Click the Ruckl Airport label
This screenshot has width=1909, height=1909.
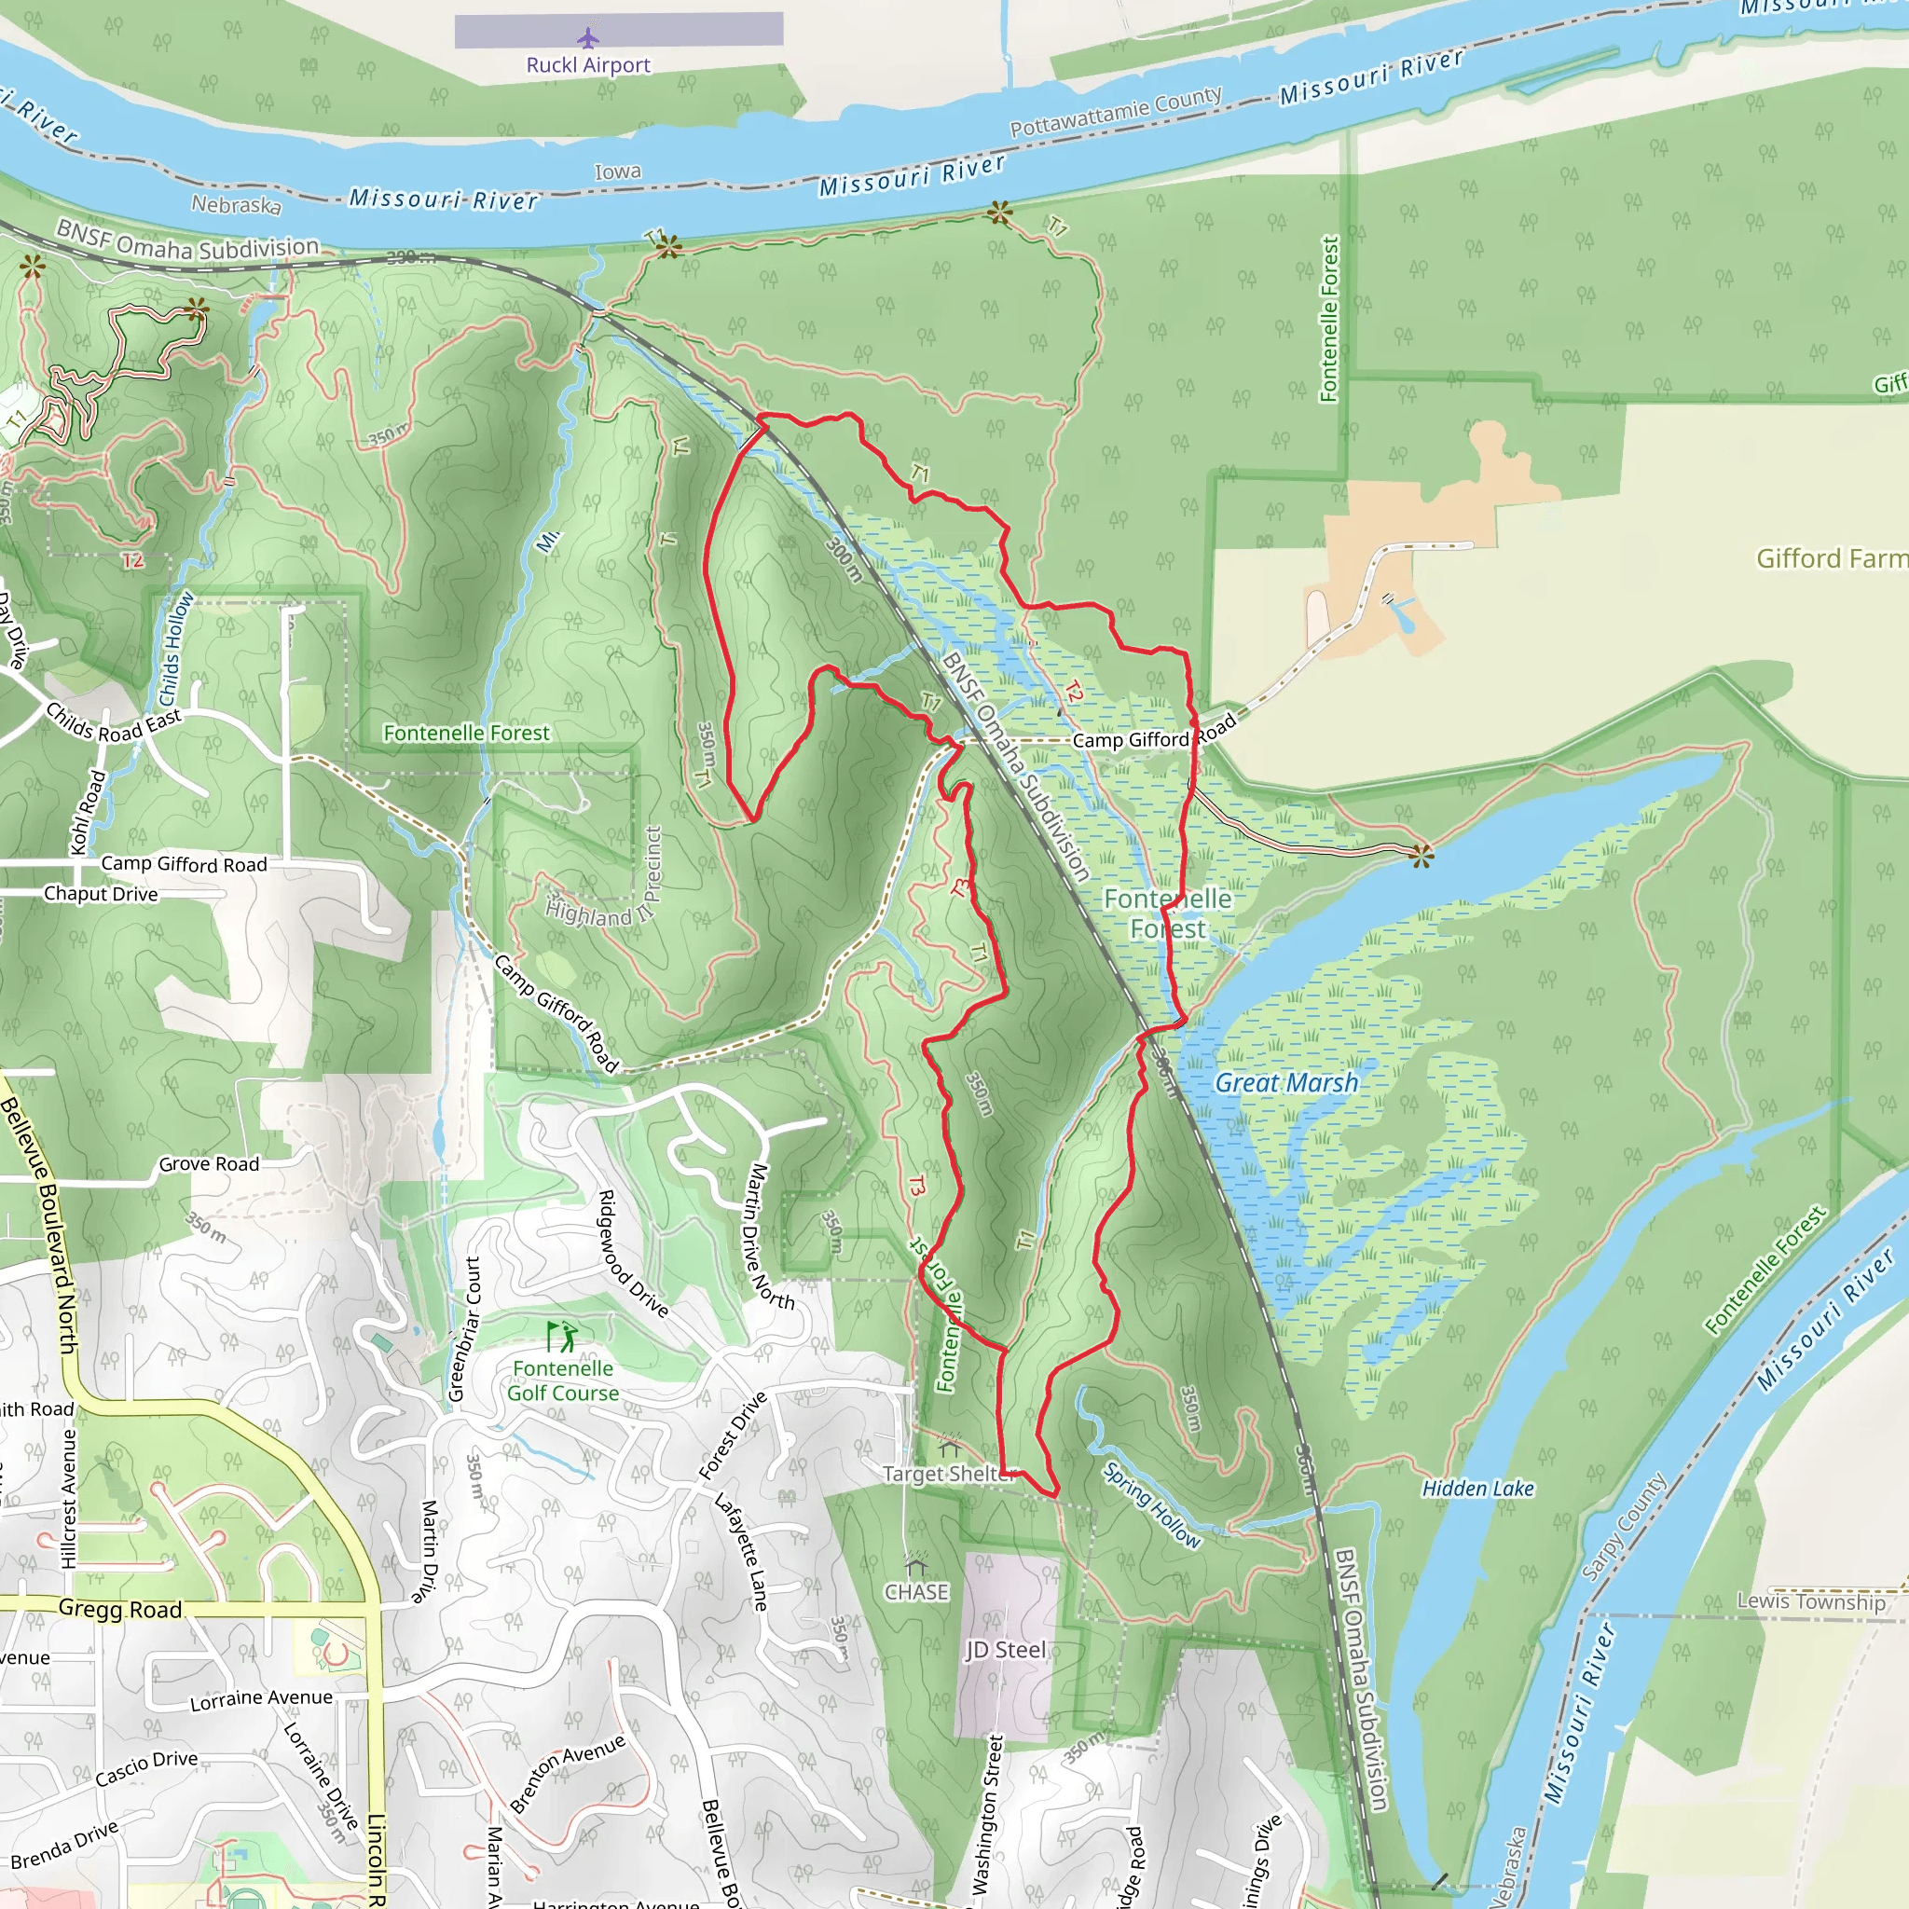[x=588, y=65]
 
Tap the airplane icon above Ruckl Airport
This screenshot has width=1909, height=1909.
[x=588, y=38]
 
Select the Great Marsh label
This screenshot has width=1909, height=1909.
[x=1286, y=1083]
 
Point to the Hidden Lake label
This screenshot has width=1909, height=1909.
[x=1477, y=1488]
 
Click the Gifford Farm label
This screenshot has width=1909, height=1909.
[x=1831, y=558]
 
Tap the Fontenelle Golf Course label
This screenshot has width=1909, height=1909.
[x=563, y=1380]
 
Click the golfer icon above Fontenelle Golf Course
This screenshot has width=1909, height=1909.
[x=562, y=1337]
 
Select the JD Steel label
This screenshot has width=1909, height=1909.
[x=1005, y=1649]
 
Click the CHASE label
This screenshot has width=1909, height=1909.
[x=916, y=1592]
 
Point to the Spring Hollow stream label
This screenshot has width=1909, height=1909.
[x=1151, y=1504]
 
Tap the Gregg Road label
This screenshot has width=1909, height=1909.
[x=120, y=1609]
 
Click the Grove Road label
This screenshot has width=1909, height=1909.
[x=209, y=1164]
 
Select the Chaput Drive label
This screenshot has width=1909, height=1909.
[x=101, y=893]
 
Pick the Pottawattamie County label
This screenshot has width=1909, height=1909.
[x=1116, y=113]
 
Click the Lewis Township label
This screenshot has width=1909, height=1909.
[x=1810, y=1601]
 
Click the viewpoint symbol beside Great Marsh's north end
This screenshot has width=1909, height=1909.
[x=1421, y=855]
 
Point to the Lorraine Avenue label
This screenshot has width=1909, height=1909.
[x=261, y=1698]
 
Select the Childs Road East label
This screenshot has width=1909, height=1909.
[x=114, y=723]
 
